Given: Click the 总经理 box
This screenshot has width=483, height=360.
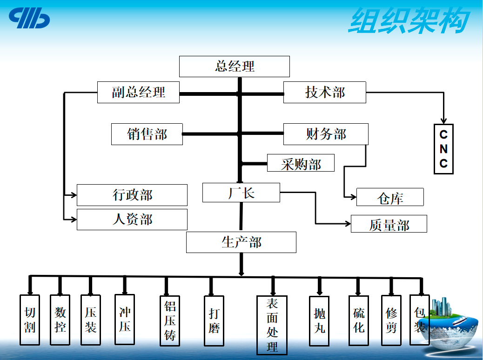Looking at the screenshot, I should click(235, 67).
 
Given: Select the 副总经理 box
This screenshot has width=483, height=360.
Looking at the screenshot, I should click(139, 92).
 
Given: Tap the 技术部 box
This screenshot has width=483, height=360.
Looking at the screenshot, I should click(325, 92).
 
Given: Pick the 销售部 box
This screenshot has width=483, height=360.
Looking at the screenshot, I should click(147, 134).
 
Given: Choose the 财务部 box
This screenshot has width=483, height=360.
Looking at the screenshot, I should click(326, 134).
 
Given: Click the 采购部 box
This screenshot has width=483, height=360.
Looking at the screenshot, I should click(301, 163).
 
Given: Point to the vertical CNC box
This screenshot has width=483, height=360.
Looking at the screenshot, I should click(443, 149).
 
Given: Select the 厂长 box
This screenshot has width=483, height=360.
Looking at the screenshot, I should click(241, 193).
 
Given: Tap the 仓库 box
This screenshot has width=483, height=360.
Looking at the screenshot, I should click(390, 197).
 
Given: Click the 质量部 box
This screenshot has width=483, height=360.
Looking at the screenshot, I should click(389, 224).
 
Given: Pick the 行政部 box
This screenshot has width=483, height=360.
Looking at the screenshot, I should click(132, 195).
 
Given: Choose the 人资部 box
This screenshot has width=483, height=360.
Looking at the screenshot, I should click(132, 220).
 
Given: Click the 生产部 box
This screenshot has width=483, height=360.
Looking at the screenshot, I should click(241, 242).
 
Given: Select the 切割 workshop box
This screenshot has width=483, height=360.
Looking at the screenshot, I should click(30, 320).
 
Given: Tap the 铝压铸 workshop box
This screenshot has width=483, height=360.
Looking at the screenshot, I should click(170, 320).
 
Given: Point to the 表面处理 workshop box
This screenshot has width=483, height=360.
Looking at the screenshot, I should click(272, 325).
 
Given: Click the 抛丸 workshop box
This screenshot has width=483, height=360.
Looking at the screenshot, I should click(320, 321).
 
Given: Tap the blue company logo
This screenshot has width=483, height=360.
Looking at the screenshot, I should click(29, 19).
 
